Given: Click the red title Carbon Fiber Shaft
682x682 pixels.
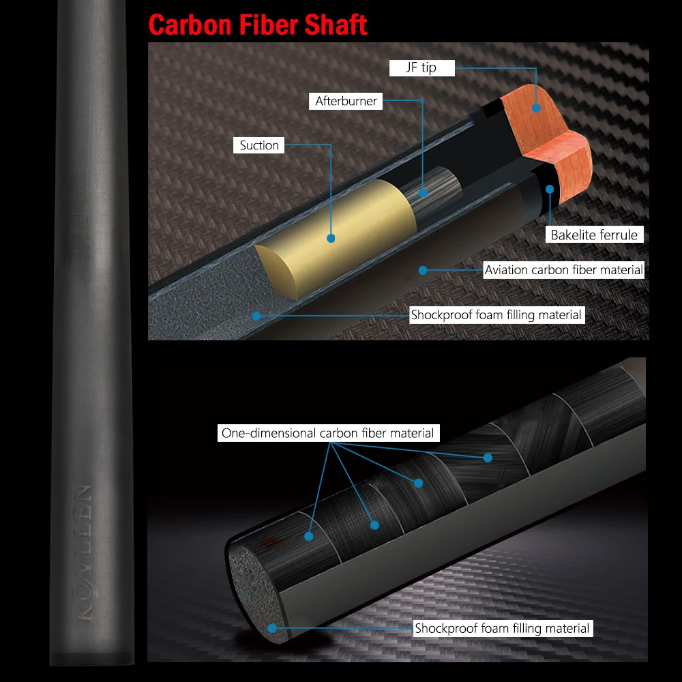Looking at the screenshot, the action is pos(258,25).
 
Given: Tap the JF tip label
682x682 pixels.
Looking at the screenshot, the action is pos(421,68).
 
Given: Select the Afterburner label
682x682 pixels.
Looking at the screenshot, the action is pos(346,101).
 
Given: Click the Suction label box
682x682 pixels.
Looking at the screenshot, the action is pos(259,145).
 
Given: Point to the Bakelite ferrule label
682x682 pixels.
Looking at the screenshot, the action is pos(594,235).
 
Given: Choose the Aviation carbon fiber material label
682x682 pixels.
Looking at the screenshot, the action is pos(563,270).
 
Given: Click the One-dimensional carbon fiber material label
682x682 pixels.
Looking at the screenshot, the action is pos(327,433).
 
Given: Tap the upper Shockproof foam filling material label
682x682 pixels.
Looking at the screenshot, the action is pos(496,315).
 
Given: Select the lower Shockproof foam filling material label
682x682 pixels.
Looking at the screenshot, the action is pos(502,628).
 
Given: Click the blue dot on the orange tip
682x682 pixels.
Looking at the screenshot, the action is pos(535,107).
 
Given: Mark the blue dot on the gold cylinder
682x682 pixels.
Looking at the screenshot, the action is pos(331,238).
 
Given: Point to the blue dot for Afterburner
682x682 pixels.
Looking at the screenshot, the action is pos(423,193).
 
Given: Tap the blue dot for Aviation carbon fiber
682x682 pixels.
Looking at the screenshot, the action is pos(423,270).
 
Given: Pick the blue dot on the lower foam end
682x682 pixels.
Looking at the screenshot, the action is pos(272,628).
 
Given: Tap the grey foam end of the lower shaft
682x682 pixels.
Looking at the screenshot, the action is pos(256,587).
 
